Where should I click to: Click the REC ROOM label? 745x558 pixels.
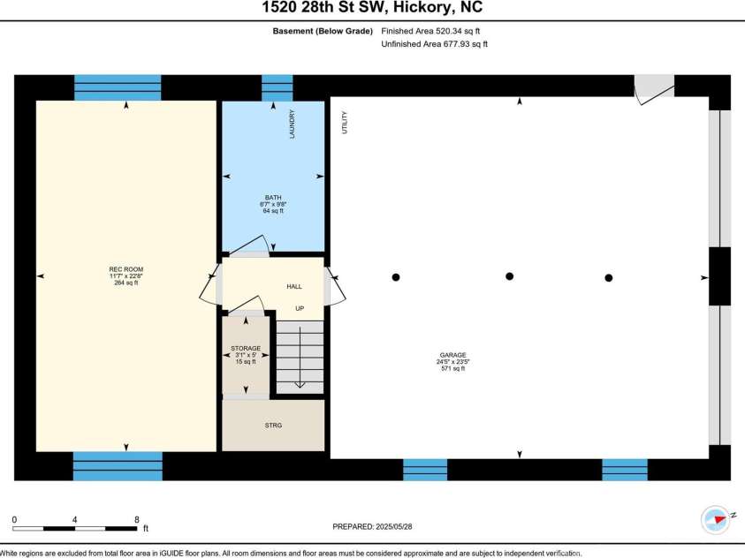point(125,268)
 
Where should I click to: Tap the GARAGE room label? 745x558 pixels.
point(451,355)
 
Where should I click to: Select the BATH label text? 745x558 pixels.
point(272,197)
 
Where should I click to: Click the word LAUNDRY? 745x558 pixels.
point(292,124)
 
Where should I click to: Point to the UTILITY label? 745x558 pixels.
point(344,122)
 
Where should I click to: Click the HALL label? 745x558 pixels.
point(294,287)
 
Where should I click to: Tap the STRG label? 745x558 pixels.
point(273,426)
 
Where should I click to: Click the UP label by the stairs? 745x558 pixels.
point(300,309)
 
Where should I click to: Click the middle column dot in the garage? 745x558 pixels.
point(509,276)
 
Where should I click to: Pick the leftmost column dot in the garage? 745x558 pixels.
point(396,277)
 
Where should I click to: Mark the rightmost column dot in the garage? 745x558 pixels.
point(609,278)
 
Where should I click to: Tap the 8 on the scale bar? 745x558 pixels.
point(136,519)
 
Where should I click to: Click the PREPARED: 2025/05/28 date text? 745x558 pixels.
point(372,526)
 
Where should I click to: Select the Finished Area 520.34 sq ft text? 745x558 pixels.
point(434,30)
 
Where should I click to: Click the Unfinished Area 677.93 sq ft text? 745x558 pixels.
point(434,43)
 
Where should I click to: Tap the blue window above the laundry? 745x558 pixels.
point(277,88)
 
